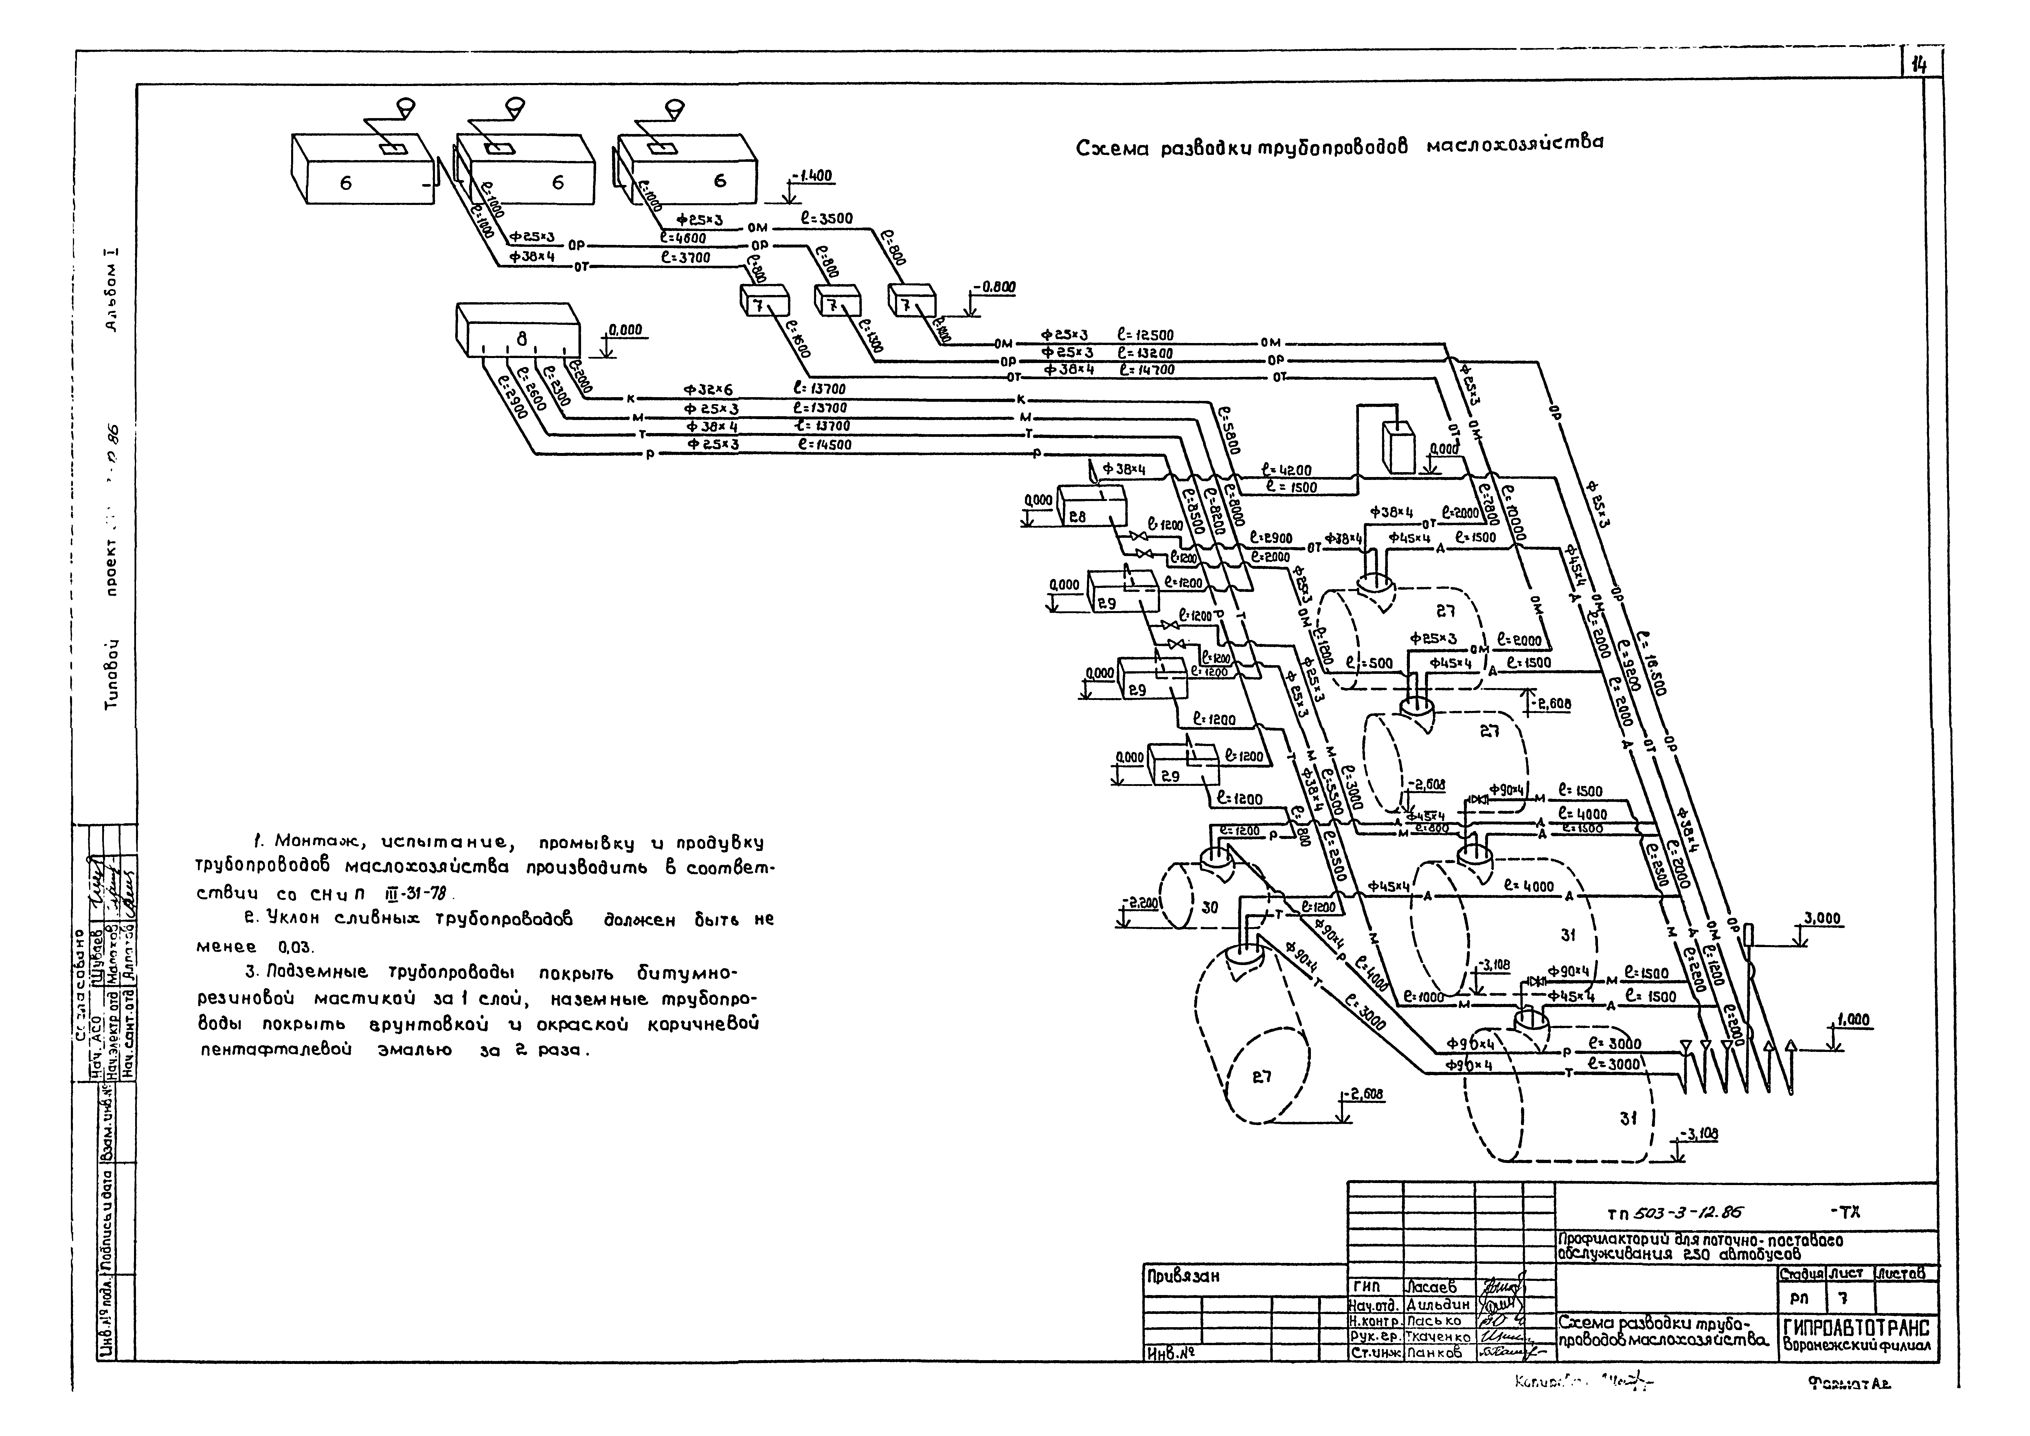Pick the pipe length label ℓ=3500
(x=827, y=219)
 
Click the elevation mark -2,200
(x=1139, y=903)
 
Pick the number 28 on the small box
(x=1078, y=517)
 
